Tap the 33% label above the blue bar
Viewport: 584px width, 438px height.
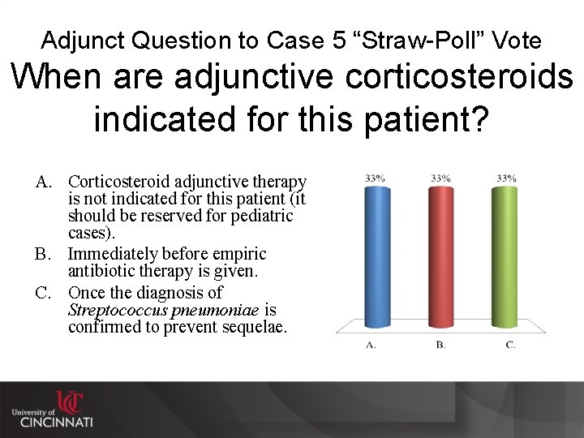tap(374, 178)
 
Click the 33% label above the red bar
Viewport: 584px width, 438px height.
tap(441, 178)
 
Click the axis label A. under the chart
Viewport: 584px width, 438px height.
tap(371, 345)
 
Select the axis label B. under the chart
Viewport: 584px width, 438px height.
tap(440, 345)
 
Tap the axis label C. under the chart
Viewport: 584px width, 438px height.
tap(510, 345)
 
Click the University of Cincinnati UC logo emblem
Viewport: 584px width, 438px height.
tap(68, 402)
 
